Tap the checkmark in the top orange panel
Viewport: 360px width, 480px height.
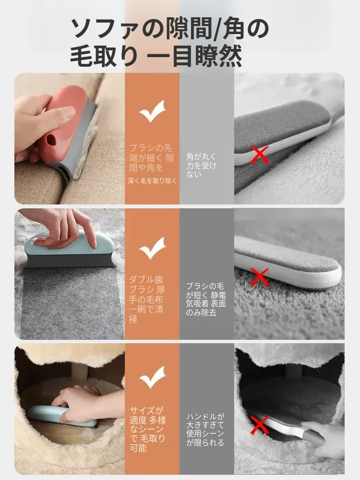[x=153, y=111]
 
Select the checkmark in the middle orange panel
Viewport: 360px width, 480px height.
[x=153, y=248]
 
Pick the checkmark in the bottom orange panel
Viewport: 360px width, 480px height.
[x=153, y=377]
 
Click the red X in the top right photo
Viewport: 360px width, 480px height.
[x=260, y=155]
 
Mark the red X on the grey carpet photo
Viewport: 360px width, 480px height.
[x=260, y=277]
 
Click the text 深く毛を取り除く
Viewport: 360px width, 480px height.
[x=152, y=181]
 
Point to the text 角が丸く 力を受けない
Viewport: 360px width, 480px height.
[x=201, y=165]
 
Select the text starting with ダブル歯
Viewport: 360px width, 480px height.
[x=146, y=300]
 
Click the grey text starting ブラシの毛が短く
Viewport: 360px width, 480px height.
[x=206, y=300]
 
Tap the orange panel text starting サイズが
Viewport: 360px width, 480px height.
[x=147, y=429]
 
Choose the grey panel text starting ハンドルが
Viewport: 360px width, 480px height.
[x=205, y=430]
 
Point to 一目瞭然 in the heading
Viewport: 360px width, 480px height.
[x=195, y=57]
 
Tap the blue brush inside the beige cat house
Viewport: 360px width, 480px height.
[x=63, y=416]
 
